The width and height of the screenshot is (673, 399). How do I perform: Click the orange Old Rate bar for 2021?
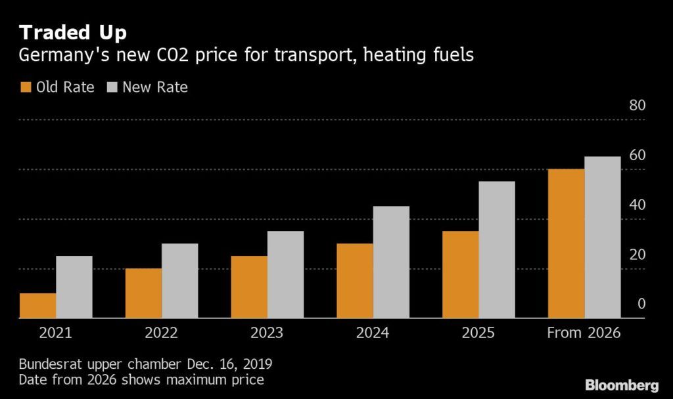pos(37,306)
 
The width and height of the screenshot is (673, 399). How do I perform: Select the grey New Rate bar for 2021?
pos(74,287)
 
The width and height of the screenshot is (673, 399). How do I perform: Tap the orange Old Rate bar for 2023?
pos(249,287)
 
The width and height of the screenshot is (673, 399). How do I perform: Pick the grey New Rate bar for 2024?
pos(391,262)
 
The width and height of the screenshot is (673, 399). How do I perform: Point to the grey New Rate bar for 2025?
pos(497,250)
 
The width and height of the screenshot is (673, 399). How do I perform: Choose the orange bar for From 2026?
pos(566,243)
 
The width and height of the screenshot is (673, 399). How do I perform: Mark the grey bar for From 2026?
pos(603,238)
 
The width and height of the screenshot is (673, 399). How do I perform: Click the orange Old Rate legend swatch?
pos(26,87)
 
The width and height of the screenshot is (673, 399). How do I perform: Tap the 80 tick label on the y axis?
pos(638,106)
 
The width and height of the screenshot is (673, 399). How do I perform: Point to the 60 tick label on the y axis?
pos(638,156)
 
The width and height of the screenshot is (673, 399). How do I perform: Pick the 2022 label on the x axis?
pos(162,333)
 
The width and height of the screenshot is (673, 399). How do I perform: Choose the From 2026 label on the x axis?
pos(584,333)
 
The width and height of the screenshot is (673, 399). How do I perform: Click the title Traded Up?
pos(73,32)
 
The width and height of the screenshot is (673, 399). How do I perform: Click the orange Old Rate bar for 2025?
pos(460,275)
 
